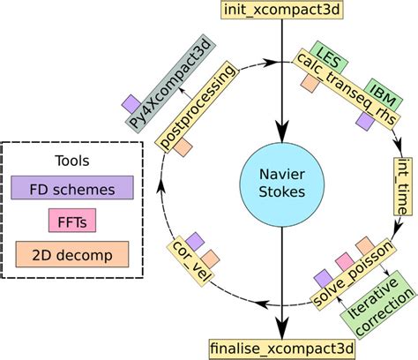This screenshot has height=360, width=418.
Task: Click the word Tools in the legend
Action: pyautogui.click(x=72, y=162)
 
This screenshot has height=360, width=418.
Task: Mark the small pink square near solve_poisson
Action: pyautogui.click(x=344, y=260)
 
